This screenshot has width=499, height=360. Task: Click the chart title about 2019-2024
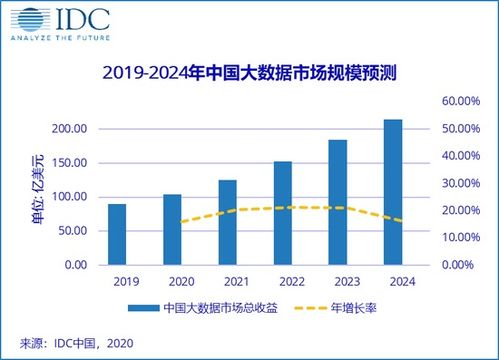pos(249,73)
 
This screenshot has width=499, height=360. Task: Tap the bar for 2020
pos(172,229)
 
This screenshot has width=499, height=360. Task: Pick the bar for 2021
pos(227,222)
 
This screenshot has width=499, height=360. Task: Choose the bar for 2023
pos(338,202)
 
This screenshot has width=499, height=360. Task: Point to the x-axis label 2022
pos(283,281)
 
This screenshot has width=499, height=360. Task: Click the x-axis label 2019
pos(117,281)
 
